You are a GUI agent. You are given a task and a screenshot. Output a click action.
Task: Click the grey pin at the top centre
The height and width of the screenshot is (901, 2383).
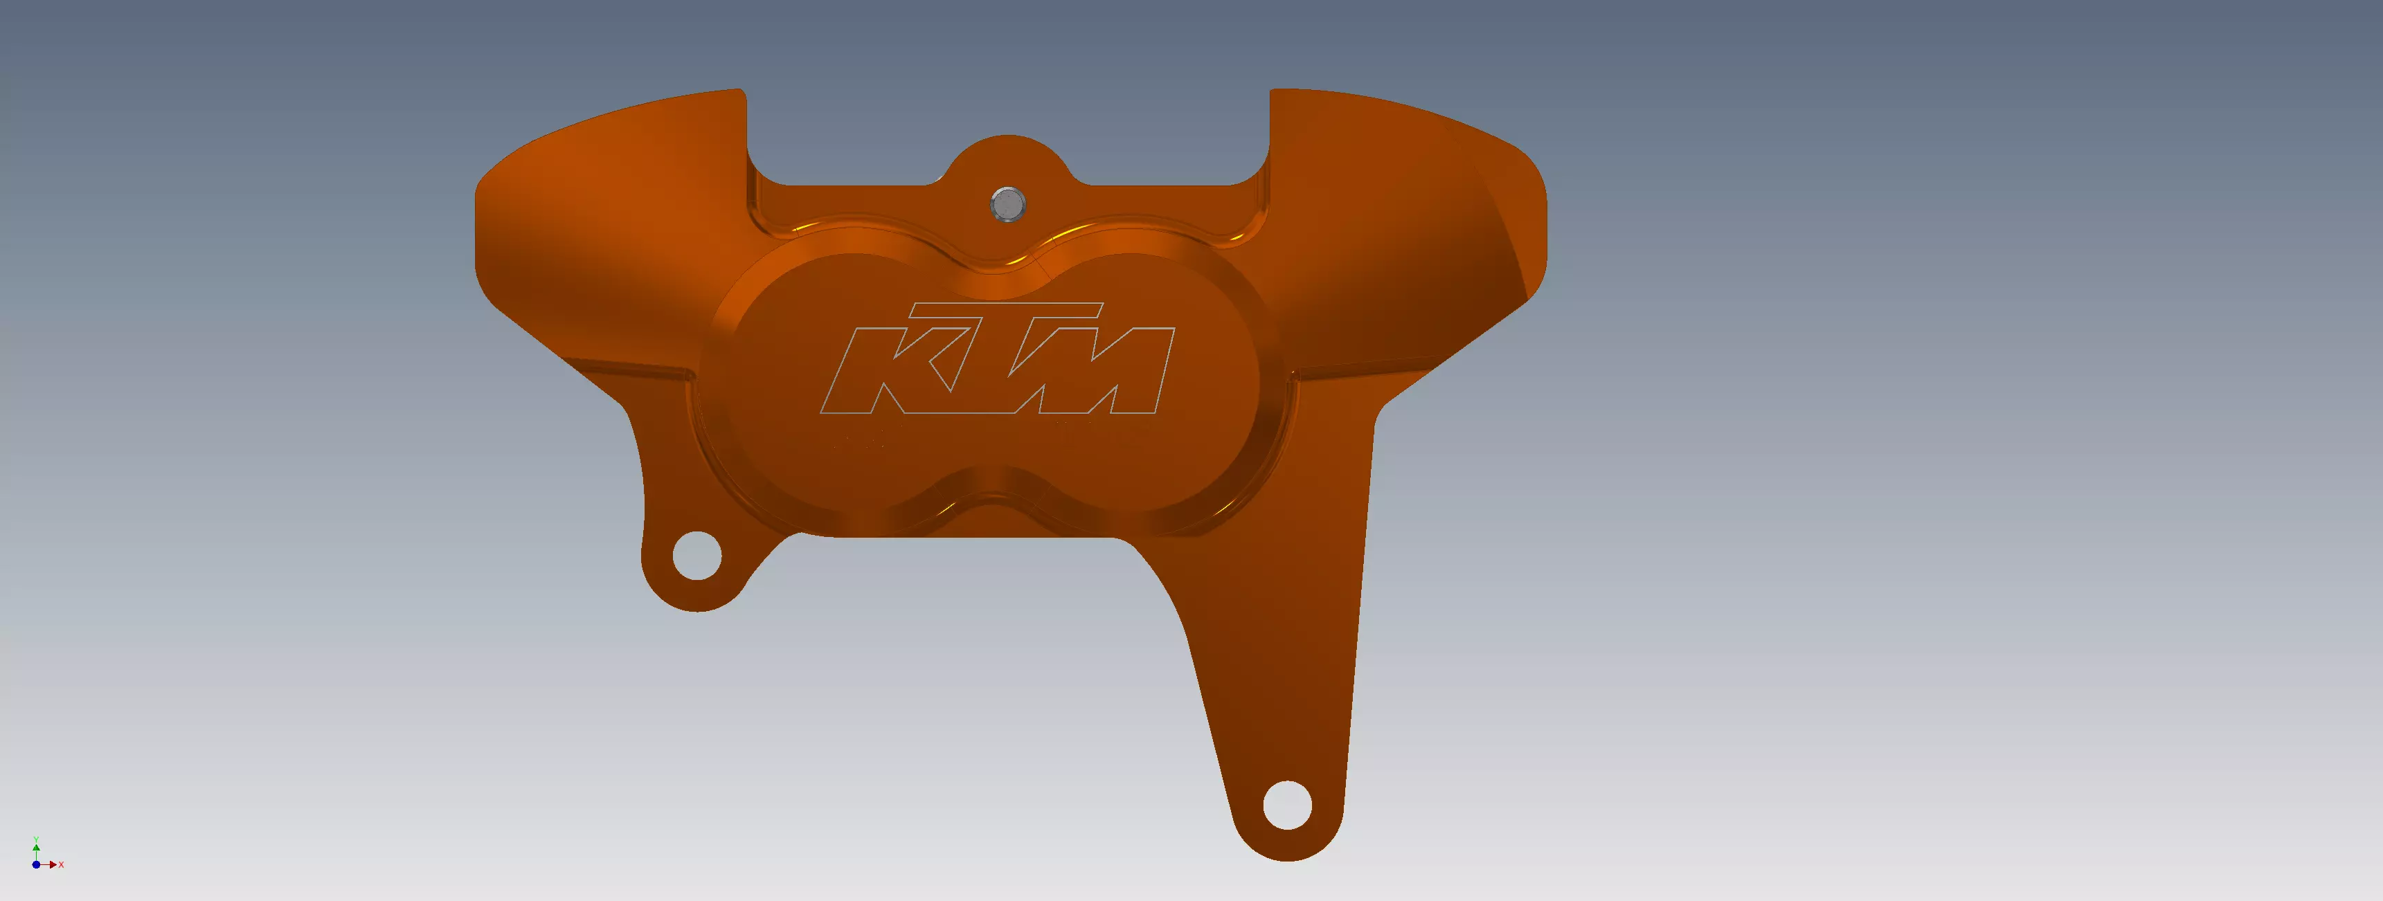coord(1007,203)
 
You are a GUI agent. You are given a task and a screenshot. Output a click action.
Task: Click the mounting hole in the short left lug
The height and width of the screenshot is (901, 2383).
coord(696,555)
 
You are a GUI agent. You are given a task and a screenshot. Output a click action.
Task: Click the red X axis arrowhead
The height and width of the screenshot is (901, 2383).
coord(53,864)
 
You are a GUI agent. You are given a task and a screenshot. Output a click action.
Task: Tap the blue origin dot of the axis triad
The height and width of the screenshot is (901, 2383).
coord(36,864)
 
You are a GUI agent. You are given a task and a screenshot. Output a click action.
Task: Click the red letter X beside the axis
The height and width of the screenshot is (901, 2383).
coord(61,864)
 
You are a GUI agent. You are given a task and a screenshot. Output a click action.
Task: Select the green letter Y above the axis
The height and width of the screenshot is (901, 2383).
coord(36,839)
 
